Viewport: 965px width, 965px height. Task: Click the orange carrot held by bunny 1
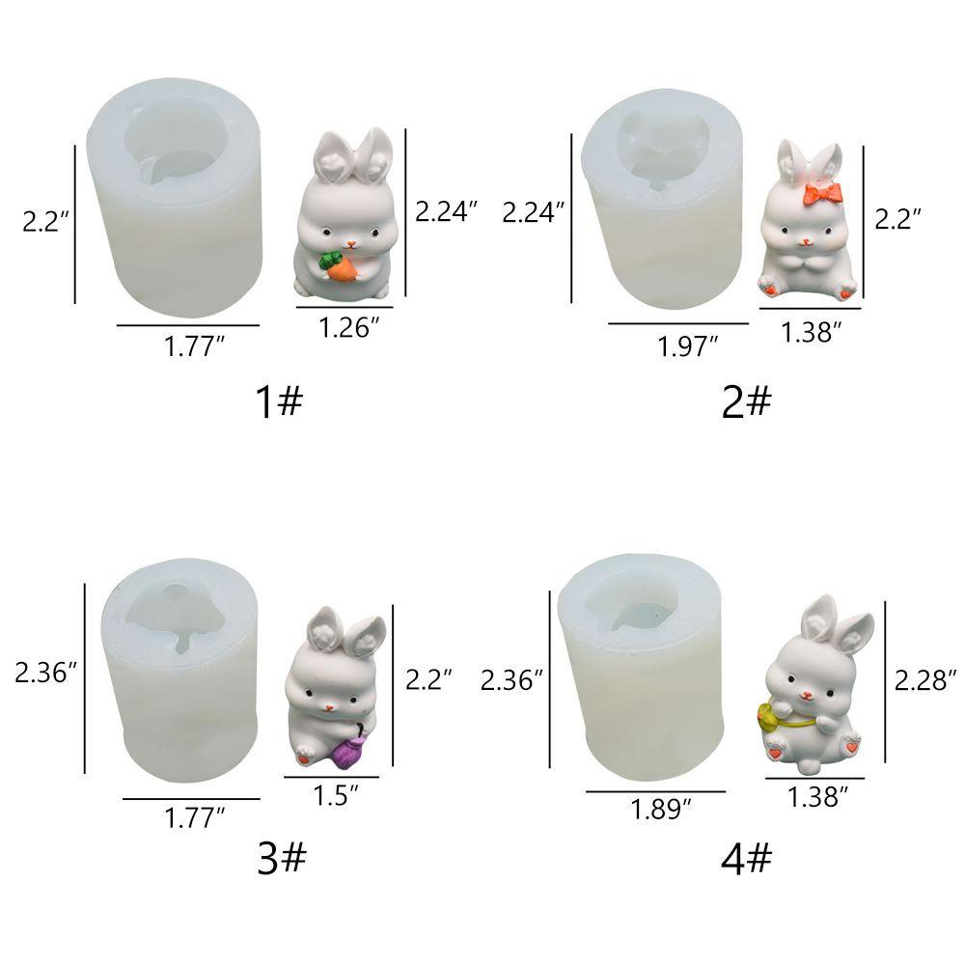tap(339, 267)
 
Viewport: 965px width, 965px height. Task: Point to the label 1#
tap(280, 401)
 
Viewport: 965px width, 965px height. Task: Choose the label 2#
tap(746, 401)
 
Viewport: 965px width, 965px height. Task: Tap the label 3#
tap(281, 858)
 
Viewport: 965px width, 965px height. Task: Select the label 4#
tap(746, 858)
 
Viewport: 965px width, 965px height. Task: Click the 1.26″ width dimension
tap(348, 328)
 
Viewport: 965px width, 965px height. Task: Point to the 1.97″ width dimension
tap(687, 346)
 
